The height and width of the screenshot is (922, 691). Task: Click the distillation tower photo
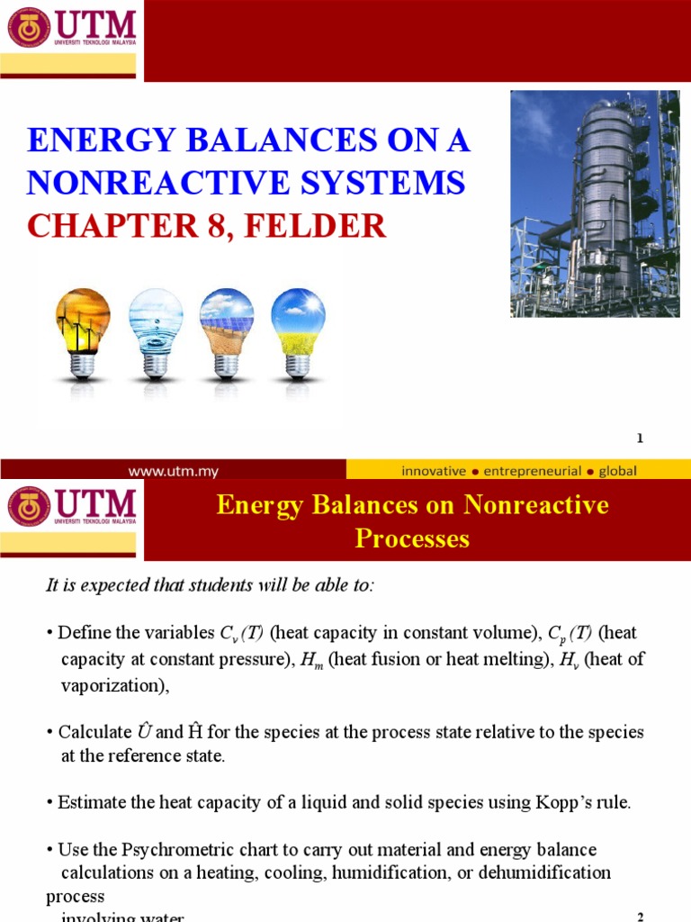[595, 203]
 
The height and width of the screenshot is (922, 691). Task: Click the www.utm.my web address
[174, 470]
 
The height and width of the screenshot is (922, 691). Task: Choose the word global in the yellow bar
[616, 470]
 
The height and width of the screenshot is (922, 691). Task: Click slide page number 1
[640, 438]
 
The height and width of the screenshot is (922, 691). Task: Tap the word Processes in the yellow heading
[412, 538]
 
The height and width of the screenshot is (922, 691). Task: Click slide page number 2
[640, 917]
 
